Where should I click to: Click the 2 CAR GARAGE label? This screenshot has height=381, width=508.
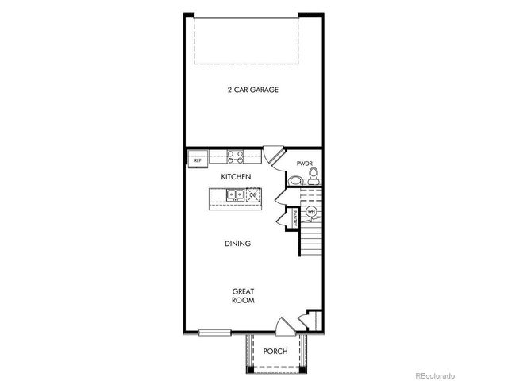[253, 90]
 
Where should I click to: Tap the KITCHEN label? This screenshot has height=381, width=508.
[237, 175]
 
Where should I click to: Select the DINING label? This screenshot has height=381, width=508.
[237, 244]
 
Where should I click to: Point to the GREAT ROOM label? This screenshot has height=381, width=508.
[242, 296]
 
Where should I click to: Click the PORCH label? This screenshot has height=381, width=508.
[275, 352]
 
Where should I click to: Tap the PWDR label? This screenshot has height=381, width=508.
[306, 164]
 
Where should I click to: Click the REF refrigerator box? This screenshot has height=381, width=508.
[198, 160]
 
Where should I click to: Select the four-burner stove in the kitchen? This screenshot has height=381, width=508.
[235, 156]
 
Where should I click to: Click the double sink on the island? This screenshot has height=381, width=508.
[236, 194]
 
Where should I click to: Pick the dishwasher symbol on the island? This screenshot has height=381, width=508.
[254, 194]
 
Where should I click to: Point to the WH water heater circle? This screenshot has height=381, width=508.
[311, 211]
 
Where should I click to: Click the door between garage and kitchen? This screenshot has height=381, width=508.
[273, 153]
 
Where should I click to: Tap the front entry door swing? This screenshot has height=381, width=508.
[283, 326]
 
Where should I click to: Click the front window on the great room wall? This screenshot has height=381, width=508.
[215, 332]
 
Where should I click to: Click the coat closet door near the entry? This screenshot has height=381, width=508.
[302, 320]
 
